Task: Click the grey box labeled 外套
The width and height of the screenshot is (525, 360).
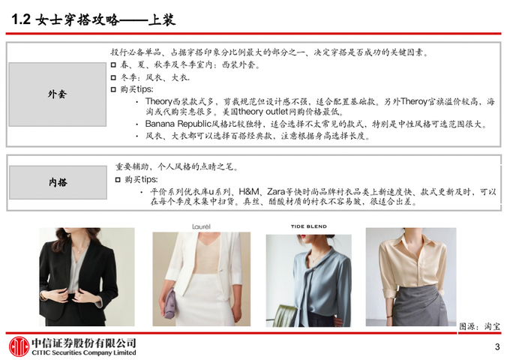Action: [x=57, y=94]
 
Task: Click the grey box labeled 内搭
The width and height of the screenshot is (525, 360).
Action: [x=58, y=182]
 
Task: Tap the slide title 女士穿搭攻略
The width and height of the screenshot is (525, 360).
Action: [x=77, y=20]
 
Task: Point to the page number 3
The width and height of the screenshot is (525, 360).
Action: [x=497, y=347]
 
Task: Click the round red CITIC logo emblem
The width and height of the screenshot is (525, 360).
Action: [x=19, y=346]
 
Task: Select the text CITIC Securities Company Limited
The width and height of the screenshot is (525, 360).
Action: [x=84, y=352]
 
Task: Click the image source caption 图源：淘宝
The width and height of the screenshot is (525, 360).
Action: [x=479, y=326]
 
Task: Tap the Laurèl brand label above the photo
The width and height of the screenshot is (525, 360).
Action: [x=201, y=226]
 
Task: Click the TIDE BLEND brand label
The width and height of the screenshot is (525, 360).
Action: [x=309, y=226]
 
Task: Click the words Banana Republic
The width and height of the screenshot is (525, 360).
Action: [x=178, y=124]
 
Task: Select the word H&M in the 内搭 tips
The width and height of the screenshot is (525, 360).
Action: [x=249, y=192]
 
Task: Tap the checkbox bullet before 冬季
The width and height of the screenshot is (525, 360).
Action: [x=113, y=78]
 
